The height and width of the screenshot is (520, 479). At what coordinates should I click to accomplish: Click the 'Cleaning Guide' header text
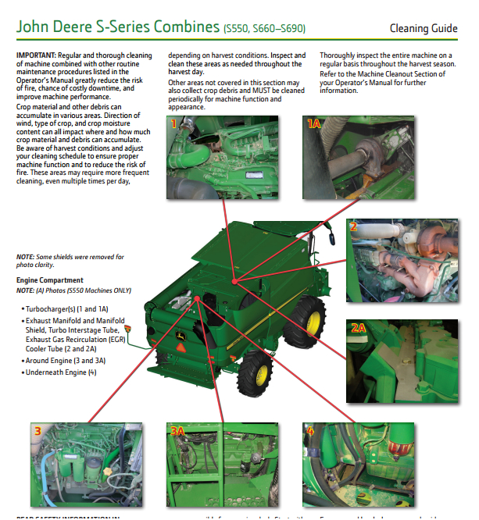(x=424, y=29)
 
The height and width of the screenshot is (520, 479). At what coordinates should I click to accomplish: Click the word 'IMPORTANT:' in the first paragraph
(x=36, y=56)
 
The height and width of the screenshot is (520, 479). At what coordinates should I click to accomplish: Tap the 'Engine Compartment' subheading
(x=49, y=280)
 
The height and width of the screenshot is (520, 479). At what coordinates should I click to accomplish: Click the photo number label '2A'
(x=358, y=328)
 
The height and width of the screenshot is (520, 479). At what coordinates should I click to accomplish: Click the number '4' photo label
(x=311, y=431)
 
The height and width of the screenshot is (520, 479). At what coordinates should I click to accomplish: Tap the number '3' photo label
(x=38, y=430)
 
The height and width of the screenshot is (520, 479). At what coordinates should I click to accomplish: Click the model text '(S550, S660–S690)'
(x=264, y=30)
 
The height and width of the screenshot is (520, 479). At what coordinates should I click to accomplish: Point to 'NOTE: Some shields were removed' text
(x=70, y=256)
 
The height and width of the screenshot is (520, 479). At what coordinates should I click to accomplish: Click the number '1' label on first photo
(x=173, y=123)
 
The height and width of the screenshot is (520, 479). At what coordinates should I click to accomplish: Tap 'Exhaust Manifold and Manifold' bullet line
(x=75, y=321)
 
